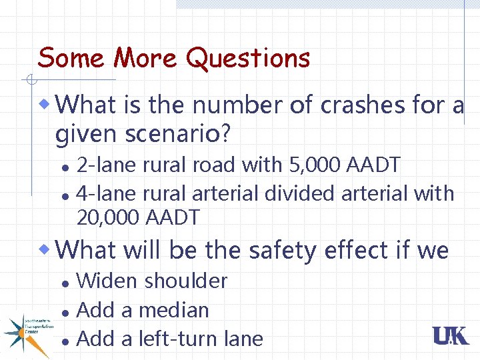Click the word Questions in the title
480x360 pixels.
[x=248, y=59]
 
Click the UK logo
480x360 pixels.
[x=451, y=336]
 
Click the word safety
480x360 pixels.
[x=283, y=250]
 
